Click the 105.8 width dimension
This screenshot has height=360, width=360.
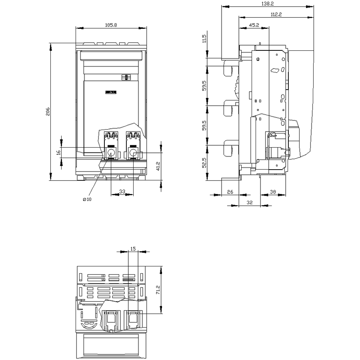[111, 25]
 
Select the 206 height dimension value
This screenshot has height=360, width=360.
[48, 111]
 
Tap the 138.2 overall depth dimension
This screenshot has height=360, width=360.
[268, 4]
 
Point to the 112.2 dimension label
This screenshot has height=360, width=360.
[276, 14]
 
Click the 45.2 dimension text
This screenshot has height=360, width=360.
[254, 25]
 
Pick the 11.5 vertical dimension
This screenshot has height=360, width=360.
[204, 38]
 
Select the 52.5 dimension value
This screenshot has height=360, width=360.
[204, 162]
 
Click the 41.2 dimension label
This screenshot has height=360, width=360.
[158, 166]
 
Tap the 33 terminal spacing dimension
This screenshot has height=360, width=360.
[122, 191]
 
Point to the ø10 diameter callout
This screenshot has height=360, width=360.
[87, 199]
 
